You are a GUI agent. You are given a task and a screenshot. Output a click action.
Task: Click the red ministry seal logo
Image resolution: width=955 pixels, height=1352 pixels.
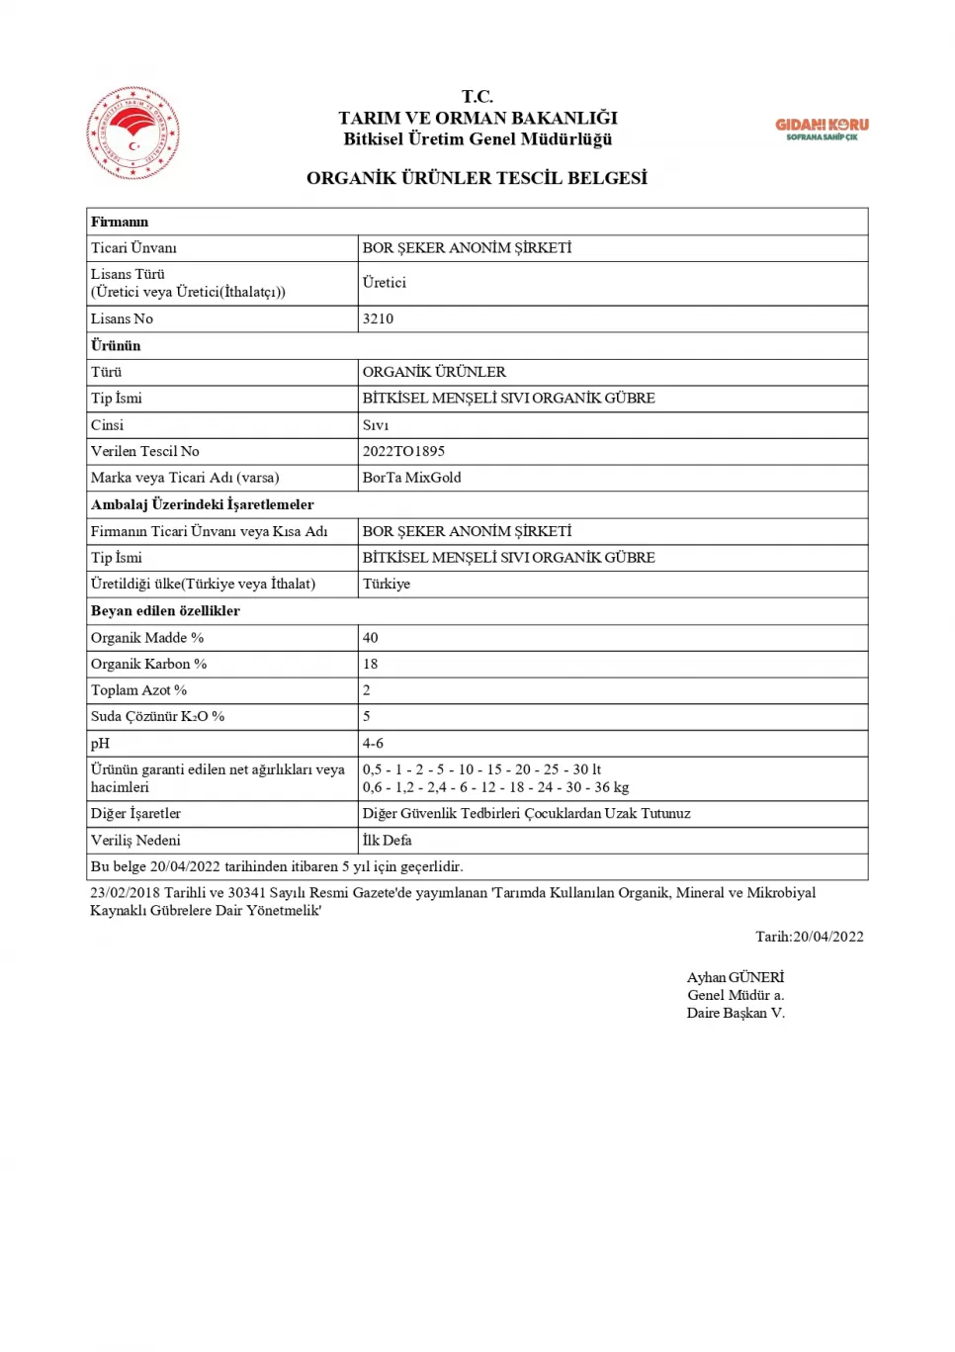(x=133, y=133)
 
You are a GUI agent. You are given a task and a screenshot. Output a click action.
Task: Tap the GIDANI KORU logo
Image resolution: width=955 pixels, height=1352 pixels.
(x=822, y=129)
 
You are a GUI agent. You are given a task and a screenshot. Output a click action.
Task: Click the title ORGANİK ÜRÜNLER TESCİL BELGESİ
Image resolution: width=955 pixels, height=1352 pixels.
(x=477, y=178)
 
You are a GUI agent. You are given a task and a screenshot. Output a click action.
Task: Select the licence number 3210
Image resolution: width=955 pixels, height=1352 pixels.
(x=378, y=318)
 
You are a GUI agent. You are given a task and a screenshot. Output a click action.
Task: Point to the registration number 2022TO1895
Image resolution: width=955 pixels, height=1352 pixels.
(x=403, y=451)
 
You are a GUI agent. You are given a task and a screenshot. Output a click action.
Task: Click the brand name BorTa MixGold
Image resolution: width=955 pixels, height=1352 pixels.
(x=411, y=478)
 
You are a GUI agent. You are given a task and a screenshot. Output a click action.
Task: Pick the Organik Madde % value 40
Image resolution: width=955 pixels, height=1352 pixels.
(x=371, y=638)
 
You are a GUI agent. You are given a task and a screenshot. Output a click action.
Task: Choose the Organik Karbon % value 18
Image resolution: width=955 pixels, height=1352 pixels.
(x=371, y=664)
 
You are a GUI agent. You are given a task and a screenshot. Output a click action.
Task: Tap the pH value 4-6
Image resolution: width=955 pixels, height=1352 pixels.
(x=373, y=743)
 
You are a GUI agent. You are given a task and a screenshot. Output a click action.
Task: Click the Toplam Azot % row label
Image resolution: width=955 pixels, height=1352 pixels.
(x=138, y=690)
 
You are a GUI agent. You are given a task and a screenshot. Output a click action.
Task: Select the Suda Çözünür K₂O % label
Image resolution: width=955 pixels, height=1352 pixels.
(x=157, y=716)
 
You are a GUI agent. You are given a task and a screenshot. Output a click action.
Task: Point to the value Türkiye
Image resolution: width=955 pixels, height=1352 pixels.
(x=386, y=584)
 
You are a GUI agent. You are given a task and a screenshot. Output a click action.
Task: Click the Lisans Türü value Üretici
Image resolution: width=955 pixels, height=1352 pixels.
(x=384, y=283)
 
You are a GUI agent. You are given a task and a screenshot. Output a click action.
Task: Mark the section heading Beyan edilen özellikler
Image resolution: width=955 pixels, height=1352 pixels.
(x=165, y=610)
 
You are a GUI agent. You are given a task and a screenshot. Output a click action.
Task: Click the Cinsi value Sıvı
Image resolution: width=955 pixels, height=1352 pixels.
(x=376, y=425)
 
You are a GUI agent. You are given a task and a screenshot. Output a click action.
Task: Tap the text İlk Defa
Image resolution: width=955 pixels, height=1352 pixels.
(x=387, y=840)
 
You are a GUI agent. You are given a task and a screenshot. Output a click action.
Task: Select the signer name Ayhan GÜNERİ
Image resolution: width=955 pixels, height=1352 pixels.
(x=735, y=977)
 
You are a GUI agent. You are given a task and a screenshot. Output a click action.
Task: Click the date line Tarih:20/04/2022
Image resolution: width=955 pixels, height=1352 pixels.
(x=809, y=937)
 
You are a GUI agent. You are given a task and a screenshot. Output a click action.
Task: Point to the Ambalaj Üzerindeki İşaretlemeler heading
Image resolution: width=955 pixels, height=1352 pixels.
(x=202, y=504)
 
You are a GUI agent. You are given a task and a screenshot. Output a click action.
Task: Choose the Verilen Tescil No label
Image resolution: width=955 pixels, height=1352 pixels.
(x=144, y=451)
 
